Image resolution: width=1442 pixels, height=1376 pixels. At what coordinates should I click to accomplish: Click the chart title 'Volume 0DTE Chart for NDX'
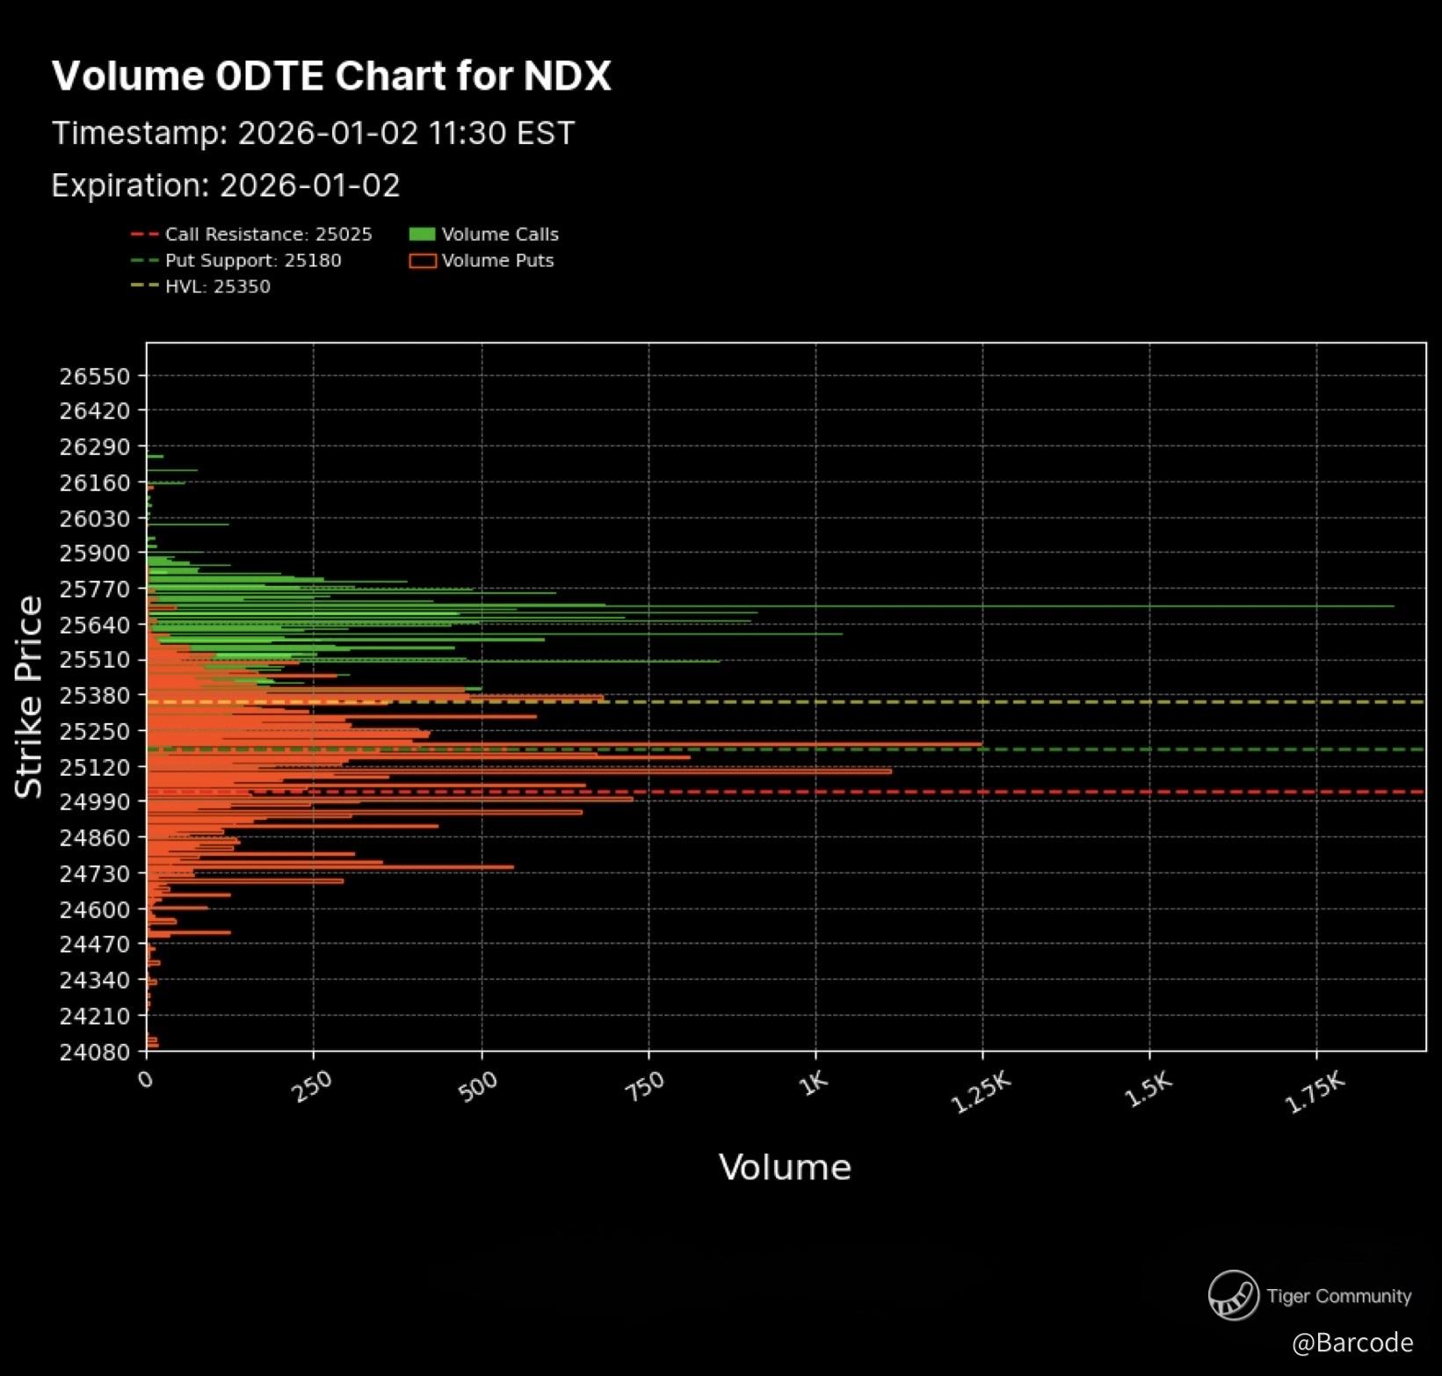click(331, 76)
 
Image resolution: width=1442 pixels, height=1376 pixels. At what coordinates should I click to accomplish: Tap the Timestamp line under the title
click(313, 134)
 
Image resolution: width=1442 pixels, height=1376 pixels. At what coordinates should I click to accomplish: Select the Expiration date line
click(226, 185)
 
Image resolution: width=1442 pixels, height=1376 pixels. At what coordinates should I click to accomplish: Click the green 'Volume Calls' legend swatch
click(423, 235)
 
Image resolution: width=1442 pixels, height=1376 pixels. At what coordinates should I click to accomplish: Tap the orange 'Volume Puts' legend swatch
click(423, 261)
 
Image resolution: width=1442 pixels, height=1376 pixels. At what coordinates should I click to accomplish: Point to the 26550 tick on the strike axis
click(94, 376)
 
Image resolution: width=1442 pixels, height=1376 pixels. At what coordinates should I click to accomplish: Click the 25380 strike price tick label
click(94, 695)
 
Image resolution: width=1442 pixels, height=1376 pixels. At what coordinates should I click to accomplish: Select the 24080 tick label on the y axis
click(94, 1051)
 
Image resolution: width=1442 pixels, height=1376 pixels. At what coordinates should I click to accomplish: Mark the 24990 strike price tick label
click(94, 801)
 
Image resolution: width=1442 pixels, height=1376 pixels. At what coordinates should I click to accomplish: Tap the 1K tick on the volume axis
click(815, 1083)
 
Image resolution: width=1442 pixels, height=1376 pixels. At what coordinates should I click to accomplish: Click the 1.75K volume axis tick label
click(1315, 1093)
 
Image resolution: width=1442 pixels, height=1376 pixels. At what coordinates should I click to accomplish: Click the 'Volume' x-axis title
click(785, 1168)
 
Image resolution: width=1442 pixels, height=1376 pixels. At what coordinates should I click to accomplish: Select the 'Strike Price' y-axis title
click(29, 698)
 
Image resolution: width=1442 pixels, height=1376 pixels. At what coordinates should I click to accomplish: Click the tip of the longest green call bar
click(1393, 606)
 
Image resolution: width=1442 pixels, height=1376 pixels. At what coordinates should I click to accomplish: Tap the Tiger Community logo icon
click(1233, 1295)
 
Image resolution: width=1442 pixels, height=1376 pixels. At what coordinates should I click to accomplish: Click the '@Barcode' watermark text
click(1352, 1343)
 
